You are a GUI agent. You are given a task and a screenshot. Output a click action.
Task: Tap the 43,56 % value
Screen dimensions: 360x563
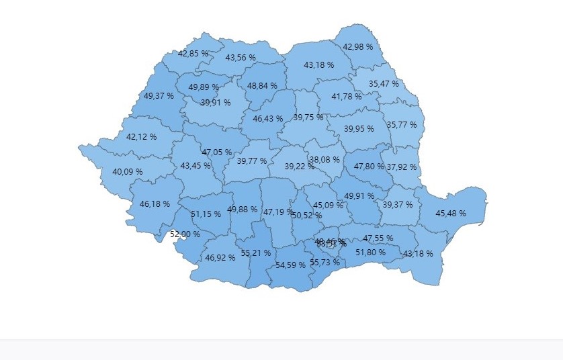[241, 58]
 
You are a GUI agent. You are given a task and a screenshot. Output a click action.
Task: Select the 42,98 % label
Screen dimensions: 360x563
[357, 47]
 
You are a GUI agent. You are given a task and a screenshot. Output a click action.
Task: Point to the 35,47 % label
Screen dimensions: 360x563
[384, 84]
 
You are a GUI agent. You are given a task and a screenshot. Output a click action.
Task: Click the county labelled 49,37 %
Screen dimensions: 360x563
[159, 96]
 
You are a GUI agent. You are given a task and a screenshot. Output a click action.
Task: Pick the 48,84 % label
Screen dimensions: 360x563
[262, 86]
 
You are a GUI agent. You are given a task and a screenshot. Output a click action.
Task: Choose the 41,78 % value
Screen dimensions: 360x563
[347, 97]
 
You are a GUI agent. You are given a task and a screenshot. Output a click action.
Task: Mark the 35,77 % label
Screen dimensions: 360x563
[401, 124]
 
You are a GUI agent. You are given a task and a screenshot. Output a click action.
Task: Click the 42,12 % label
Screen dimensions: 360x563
[141, 136]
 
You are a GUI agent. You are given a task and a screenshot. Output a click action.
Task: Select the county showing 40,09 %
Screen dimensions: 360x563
[128, 172]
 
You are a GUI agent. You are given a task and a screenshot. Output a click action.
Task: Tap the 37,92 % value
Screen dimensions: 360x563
[402, 167]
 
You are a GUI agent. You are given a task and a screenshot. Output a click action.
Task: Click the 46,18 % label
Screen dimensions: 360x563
[154, 204]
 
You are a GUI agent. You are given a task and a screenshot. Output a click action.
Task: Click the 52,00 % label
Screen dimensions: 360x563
[185, 234]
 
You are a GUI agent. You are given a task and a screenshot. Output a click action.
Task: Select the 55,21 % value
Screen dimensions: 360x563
[255, 253]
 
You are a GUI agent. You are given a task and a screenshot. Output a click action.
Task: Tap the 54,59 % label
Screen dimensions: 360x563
[291, 265]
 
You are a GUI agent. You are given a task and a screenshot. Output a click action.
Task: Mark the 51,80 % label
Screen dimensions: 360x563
[370, 252]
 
